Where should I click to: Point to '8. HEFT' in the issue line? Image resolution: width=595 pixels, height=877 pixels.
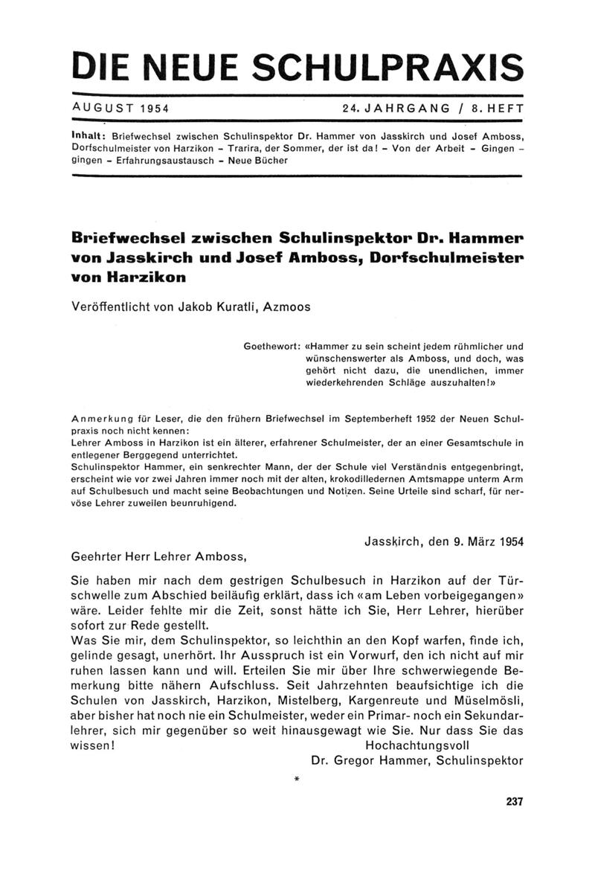(496, 108)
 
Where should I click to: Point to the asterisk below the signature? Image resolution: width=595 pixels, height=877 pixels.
(297, 779)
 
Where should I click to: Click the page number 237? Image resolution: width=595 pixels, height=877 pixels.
(514, 802)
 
